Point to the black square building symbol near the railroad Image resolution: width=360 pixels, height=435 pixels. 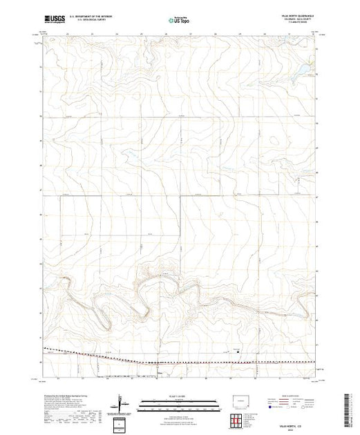pos(239,351)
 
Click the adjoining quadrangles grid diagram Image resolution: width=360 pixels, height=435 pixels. pos(239,419)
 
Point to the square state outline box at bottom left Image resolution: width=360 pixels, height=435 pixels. pos(122,423)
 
